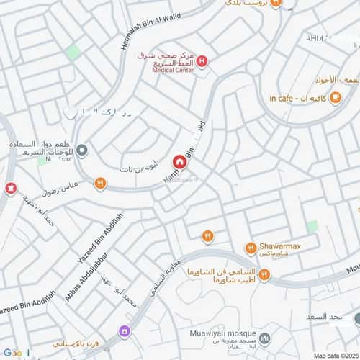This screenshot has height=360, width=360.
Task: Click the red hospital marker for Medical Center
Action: [x=202, y=62]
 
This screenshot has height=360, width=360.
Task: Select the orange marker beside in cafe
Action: [x=335, y=98]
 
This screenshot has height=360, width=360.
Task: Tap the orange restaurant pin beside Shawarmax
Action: [x=250, y=248]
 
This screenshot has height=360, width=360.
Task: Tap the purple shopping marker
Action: [x=125, y=331]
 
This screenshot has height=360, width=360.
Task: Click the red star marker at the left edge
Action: [x=10, y=189]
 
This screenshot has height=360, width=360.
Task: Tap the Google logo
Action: [x=16, y=353]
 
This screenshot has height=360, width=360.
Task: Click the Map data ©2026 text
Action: [x=335, y=355]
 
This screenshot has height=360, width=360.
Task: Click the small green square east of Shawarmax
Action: [x=311, y=226]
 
